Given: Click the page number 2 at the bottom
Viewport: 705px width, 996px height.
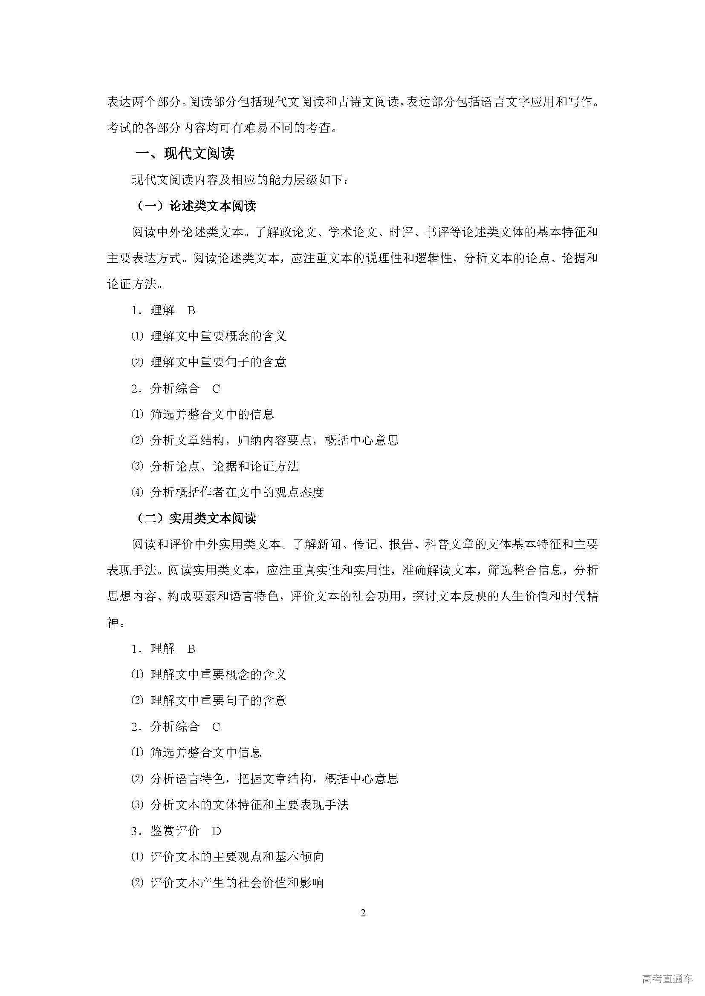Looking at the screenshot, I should (363, 913).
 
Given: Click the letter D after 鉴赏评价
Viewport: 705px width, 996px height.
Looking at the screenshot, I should (217, 831).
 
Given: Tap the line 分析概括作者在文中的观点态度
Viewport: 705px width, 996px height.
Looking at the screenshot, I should (237, 492).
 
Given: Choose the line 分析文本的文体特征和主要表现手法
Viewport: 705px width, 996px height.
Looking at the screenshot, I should (249, 805).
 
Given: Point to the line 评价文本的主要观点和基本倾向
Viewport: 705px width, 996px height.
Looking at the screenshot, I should (237, 857).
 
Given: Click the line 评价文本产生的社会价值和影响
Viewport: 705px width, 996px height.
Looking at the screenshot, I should (237, 883).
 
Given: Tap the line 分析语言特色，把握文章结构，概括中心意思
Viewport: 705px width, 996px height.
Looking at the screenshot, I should (274, 779).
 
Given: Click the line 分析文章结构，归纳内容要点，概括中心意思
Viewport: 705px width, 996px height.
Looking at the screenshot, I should (274, 440).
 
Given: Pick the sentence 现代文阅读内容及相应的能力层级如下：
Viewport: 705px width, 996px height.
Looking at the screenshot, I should (239, 180).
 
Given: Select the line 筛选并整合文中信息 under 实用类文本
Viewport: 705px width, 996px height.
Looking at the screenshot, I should (206, 752).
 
